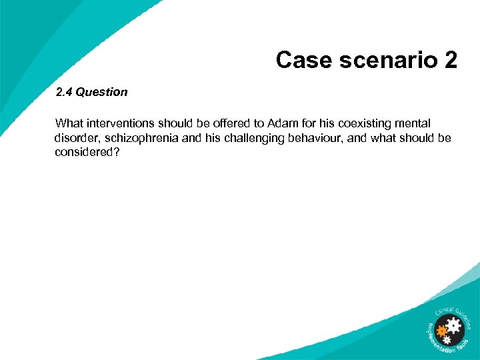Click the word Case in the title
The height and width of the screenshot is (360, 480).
[x=301, y=60]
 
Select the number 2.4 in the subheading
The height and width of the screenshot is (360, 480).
[x=64, y=92]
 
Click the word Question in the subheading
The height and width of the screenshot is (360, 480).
[x=101, y=92]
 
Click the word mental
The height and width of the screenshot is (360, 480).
[x=413, y=123]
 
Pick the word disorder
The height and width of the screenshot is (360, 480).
[x=76, y=138]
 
